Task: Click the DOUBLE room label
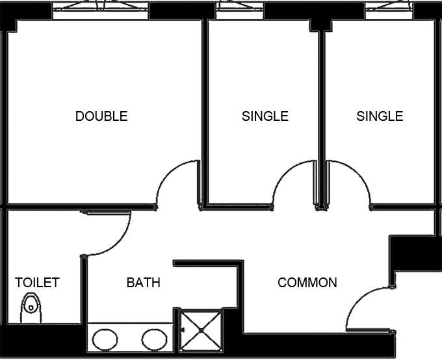pos(101,116)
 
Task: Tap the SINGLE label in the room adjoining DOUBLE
pos(265,116)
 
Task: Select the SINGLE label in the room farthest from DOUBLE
pos(380,116)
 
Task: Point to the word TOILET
pos(37,283)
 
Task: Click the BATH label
pos(144,283)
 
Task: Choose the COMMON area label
pos(307,283)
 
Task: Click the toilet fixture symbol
pos(31,308)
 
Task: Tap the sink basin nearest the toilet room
pos(105,339)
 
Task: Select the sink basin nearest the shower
pos(154,339)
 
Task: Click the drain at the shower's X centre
pos(201,330)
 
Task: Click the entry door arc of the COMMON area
pos(359,300)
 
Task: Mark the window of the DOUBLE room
pos(101,10)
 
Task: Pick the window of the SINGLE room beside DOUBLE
pos(240,10)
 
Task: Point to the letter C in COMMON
pos(282,283)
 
